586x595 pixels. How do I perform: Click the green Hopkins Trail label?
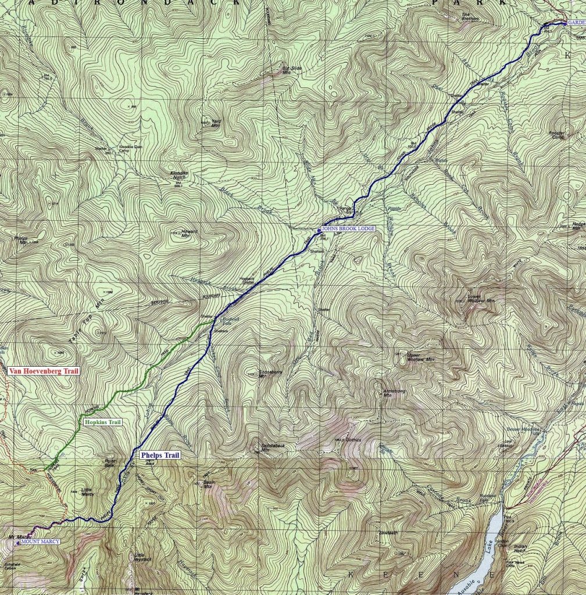pyautogui.click(x=102, y=422)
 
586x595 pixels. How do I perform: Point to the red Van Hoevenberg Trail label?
pyautogui.click(x=44, y=370)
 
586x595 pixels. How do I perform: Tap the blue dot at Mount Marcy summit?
pyautogui.click(x=17, y=543)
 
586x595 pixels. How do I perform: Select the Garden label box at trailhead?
pyautogui.click(x=576, y=22)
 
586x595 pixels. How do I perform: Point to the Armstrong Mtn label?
pyautogui.click(x=391, y=393)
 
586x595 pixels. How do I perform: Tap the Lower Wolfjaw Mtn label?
pyautogui.click(x=481, y=300)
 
